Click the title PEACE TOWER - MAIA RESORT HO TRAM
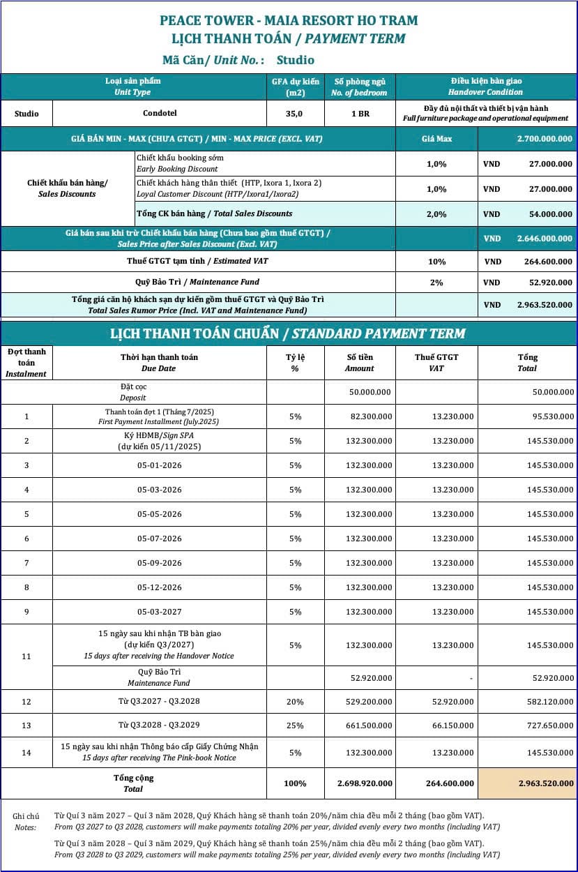click(289, 20)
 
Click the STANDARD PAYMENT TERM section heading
click(289, 333)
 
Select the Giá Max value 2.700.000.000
click(545, 139)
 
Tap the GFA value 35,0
click(296, 114)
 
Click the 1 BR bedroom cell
click(360, 114)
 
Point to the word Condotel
click(160, 114)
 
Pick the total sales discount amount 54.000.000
click(547, 214)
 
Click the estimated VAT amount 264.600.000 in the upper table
click(547, 262)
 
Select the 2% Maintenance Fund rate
click(436, 283)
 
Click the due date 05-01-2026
click(160, 465)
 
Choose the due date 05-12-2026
click(160, 587)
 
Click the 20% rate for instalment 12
click(295, 702)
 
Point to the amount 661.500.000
click(369, 726)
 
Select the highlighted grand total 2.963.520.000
click(546, 783)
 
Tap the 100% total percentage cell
click(295, 783)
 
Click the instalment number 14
click(26, 752)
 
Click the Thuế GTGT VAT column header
click(436, 362)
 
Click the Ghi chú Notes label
click(26, 822)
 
